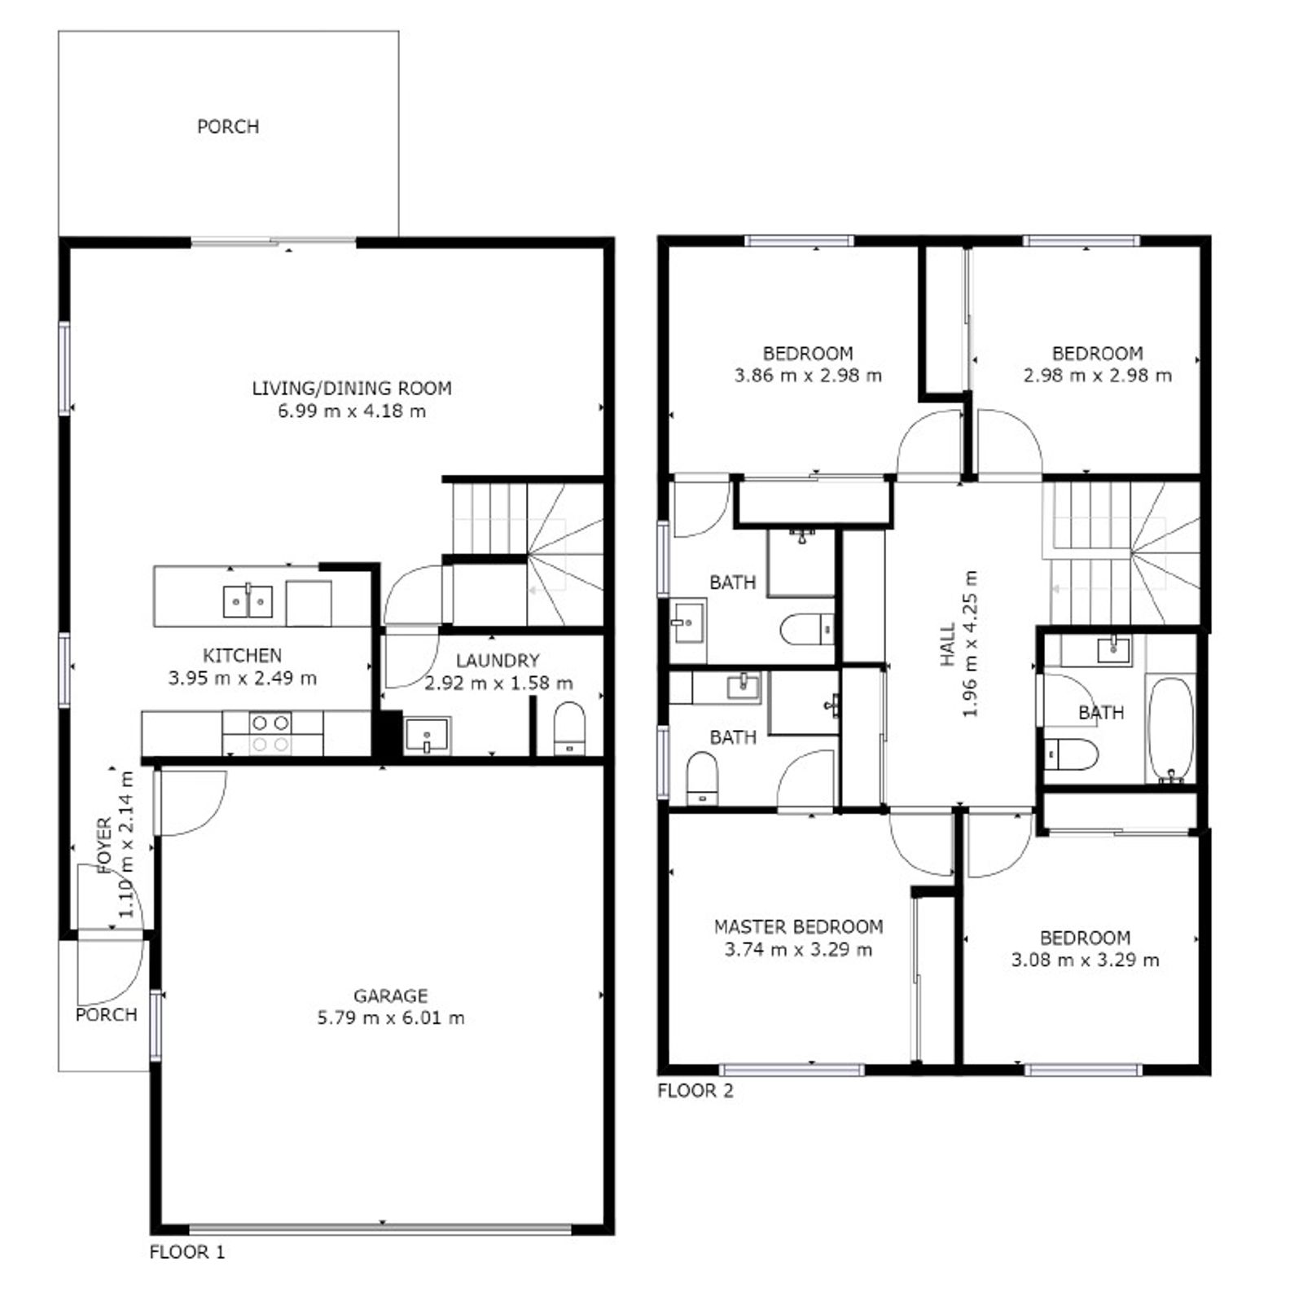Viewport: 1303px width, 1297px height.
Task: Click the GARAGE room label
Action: pos(390,996)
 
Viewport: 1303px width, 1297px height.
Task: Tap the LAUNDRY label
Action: pos(498,661)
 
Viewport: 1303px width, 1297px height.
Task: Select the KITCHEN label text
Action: pos(242,655)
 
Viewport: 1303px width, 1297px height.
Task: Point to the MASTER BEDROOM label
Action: pos(798,926)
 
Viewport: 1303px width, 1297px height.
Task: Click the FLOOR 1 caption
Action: pos(186,1252)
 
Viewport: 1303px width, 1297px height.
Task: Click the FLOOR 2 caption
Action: pos(695,1090)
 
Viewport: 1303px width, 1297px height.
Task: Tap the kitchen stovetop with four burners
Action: pos(272,733)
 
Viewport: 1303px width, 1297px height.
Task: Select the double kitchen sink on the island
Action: pos(248,601)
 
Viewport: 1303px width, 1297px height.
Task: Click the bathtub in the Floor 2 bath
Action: pos(1169,730)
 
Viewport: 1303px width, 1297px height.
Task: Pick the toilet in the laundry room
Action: pos(569,728)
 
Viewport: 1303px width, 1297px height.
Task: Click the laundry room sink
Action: pos(427,736)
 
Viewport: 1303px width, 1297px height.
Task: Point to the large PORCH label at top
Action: pos(228,126)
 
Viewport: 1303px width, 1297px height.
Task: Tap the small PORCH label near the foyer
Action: pos(106,1014)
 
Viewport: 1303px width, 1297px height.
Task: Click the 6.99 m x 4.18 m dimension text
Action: pos(352,411)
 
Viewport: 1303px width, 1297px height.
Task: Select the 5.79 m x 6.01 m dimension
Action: pos(391,1018)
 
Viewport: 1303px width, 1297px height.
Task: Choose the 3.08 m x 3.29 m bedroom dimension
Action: pos(1086,960)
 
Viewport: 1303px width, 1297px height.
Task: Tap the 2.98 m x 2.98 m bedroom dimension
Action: pos(1098,376)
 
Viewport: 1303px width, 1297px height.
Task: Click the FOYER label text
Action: pos(104,846)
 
